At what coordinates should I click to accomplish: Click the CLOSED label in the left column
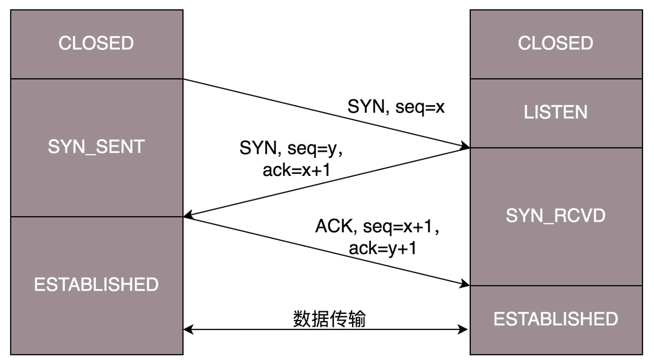pyautogui.click(x=96, y=43)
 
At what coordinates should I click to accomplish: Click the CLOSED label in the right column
pyautogui.click(x=556, y=43)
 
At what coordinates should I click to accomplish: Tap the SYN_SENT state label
pyautogui.click(x=96, y=147)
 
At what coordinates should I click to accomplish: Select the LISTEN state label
pyautogui.click(x=556, y=112)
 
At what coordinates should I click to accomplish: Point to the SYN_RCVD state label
pyautogui.click(x=556, y=216)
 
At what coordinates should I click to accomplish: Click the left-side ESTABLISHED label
pyautogui.click(x=96, y=285)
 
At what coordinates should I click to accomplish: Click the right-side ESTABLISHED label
pyautogui.click(x=556, y=319)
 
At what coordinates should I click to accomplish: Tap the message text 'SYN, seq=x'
pyautogui.click(x=396, y=107)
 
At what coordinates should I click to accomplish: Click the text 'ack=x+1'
pyautogui.click(x=297, y=170)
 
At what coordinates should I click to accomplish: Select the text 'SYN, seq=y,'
pyautogui.click(x=291, y=148)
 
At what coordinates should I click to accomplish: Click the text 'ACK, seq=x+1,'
pyautogui.click(x=377, y=226)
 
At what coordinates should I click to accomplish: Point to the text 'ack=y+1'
pyautogui.click(x=383, y=248)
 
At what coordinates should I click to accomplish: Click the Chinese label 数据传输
pyautogui.click(x=329, y=319)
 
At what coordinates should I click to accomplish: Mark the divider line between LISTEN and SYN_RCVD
pyautogui.click(x=556, y=148)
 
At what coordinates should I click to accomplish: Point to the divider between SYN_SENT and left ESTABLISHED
pyautogui.click(x=96, y=216)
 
